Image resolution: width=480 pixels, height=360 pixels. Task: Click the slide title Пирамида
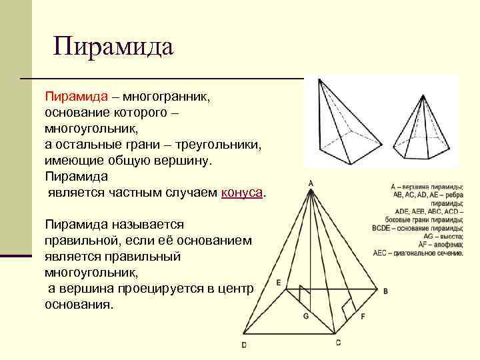tap(113, 47)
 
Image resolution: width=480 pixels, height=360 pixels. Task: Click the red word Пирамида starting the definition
tap(70, 97)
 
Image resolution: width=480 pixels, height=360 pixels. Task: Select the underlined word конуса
tap(242, 193)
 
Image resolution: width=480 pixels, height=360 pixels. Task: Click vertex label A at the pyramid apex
tap(311, 183)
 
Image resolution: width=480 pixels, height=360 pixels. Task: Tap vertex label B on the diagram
tap(385, 291)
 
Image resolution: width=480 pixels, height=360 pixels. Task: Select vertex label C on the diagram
tap(338, 342)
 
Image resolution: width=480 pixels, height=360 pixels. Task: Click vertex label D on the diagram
tap(244, 345)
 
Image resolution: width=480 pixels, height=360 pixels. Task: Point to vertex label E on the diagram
tap(278, 282)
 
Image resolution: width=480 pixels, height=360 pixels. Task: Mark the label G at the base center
tap(305, 317)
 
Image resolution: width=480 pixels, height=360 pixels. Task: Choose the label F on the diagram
tap(363, 317)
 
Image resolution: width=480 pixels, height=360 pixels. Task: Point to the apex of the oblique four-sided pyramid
tap(321, 79)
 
